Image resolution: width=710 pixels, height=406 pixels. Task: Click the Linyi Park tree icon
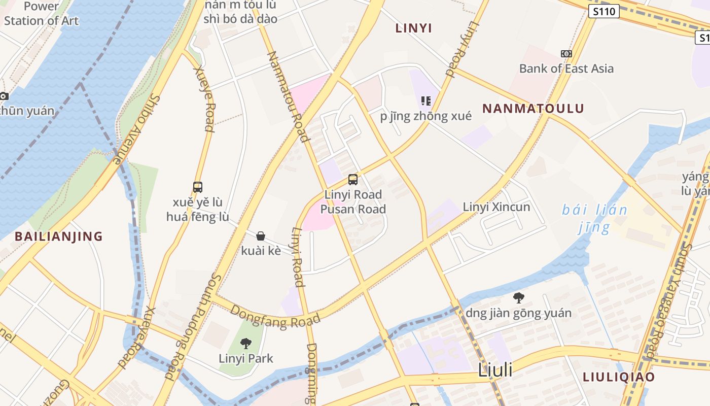(246, 344)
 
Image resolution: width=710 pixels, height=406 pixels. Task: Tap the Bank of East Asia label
(566, 69)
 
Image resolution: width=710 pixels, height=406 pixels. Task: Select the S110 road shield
(603, 11)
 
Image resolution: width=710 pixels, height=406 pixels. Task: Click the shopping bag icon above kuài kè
(261, 236)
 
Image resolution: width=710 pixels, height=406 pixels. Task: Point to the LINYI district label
(413, 28)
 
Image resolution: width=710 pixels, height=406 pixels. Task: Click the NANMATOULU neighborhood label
(532, 109)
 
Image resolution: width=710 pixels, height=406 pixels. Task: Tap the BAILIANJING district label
(59, 236)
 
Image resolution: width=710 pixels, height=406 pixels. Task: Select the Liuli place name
(495, 370)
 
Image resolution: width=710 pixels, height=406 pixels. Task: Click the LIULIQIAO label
(619, 377)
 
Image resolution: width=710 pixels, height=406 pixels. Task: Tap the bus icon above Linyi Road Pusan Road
(353, 179)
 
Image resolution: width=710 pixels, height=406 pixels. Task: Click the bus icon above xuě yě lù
(198, 187)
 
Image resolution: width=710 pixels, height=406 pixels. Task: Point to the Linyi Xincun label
(496, 207)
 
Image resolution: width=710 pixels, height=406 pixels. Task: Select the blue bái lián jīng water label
(594, 218)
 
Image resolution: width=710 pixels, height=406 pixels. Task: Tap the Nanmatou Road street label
(288, 96)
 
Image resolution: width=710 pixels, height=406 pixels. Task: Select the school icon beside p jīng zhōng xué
(426, 101)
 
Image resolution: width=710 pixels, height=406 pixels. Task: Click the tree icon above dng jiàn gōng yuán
(518, 298)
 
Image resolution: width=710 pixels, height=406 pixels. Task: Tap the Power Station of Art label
(42, 14)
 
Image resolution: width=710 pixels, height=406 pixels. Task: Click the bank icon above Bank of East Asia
(566, 54)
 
